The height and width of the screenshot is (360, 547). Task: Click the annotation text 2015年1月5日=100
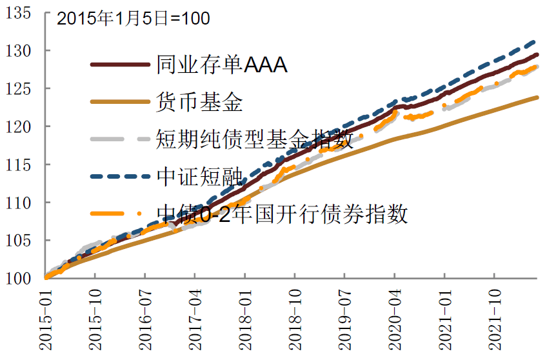[x=133, y=19]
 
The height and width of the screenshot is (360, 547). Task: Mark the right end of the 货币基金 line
[x=537, y=97]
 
